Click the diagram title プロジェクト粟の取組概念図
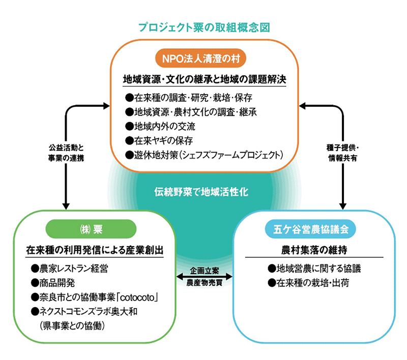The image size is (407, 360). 203,27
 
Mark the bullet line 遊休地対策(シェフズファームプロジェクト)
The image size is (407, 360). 203,154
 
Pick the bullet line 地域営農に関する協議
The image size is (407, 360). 316,268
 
